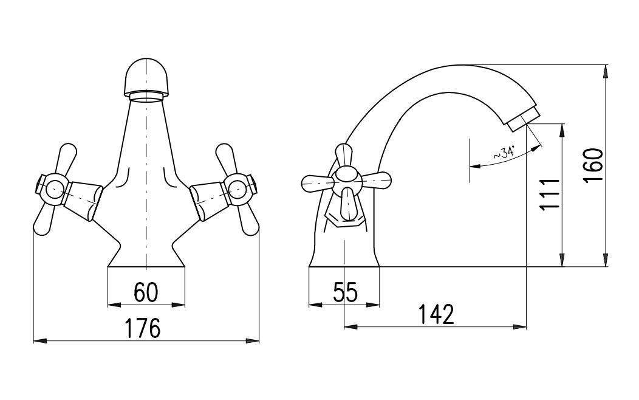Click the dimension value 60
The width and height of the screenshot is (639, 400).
146,292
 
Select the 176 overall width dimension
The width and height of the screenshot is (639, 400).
142,328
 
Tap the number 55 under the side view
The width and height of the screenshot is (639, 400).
345,292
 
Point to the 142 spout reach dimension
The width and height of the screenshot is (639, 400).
436,314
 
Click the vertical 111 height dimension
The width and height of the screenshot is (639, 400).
549,194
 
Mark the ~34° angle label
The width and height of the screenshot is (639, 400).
504,152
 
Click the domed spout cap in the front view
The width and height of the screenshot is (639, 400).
146,77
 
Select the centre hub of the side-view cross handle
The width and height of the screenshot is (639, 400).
346,180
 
